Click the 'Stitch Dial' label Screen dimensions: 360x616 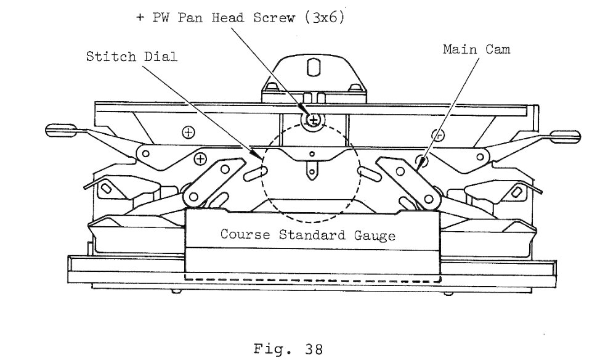coord(132,57)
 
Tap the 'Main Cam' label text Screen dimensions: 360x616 coord(476,49)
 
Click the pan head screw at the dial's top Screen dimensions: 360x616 coord(314,118)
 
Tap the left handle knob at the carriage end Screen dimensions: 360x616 coord(60,131)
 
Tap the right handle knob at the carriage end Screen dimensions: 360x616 coord(565,135)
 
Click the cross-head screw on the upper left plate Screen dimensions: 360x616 coord(188,132)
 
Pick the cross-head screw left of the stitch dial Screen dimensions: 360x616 coord(199,160)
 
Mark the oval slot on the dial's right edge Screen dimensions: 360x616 coord(372,173)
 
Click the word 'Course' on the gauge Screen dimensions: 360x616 coord(246,235)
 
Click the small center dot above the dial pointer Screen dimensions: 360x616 coord(312,153)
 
